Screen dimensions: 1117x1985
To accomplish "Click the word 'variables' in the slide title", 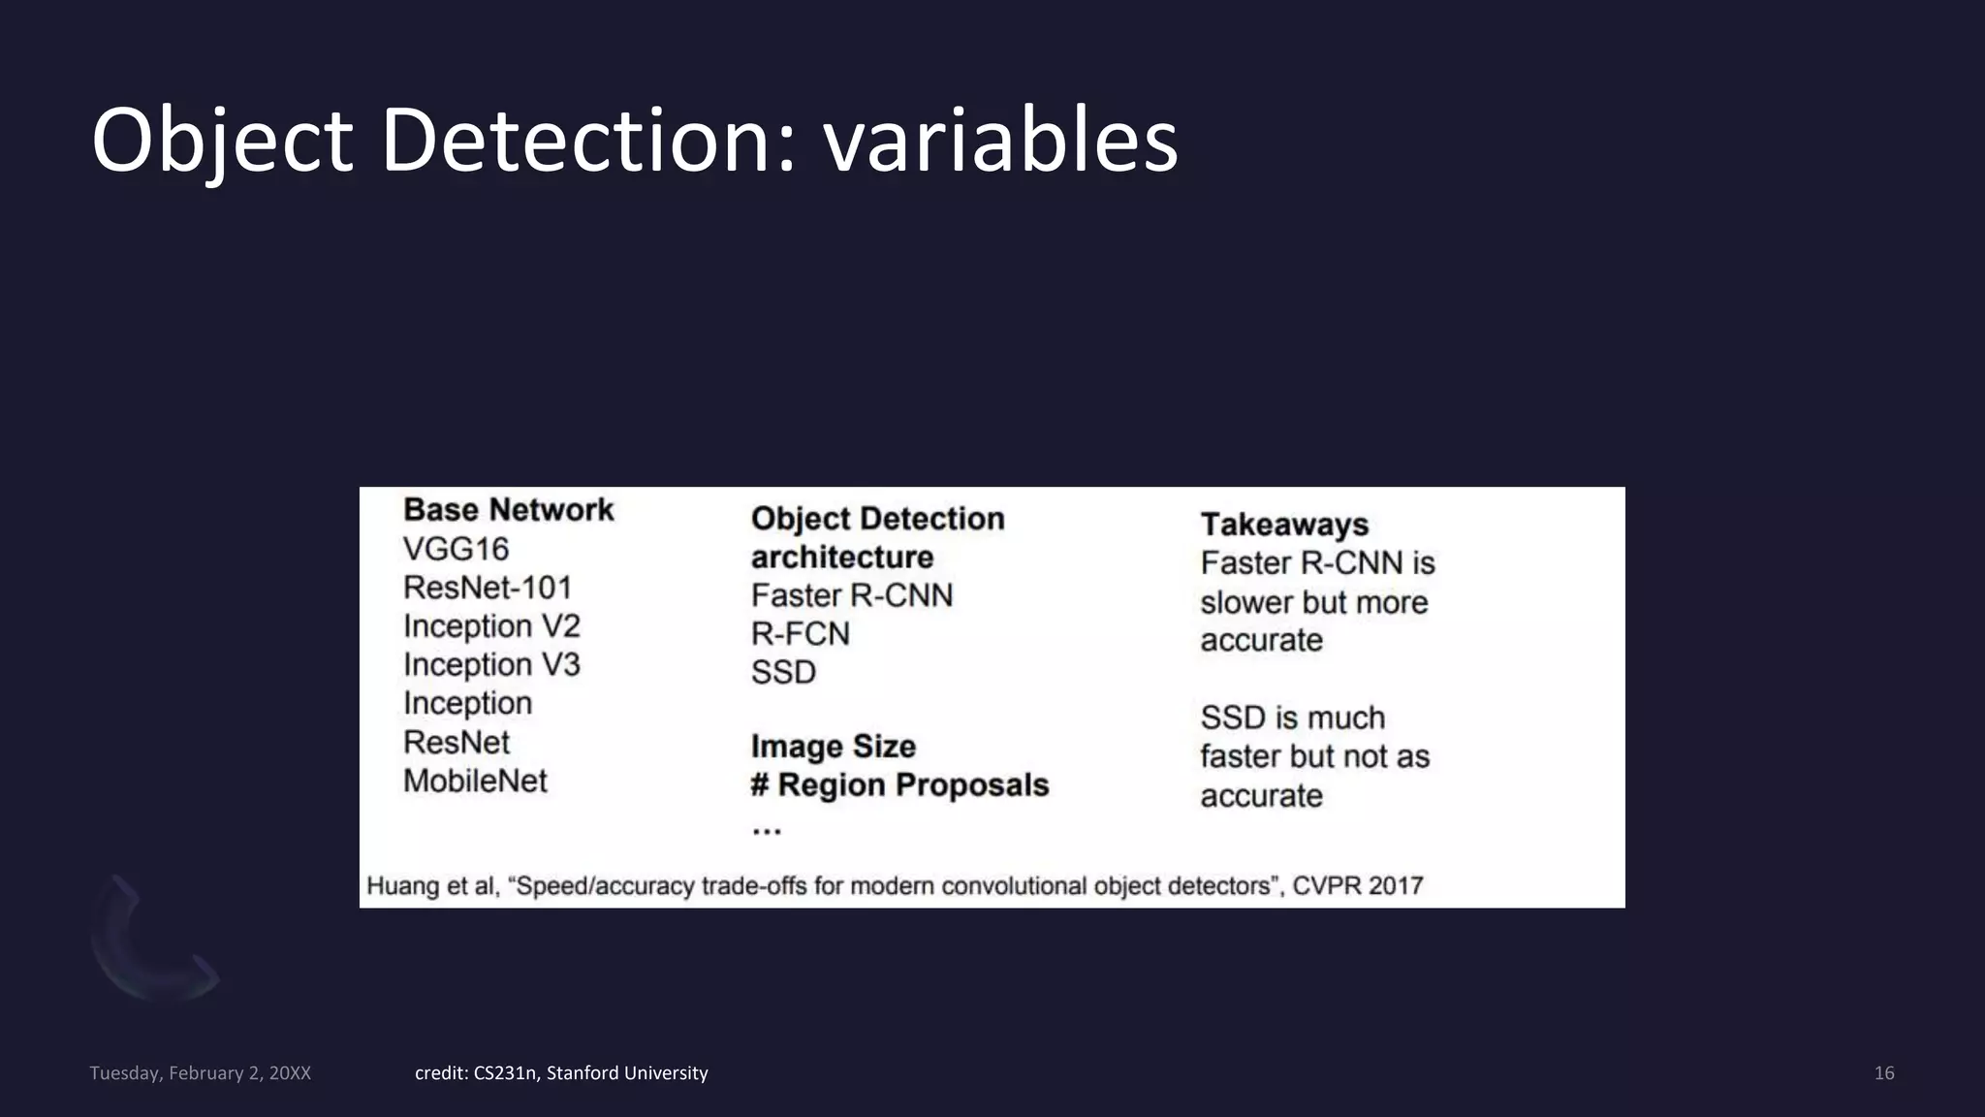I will [x=1000, y=142].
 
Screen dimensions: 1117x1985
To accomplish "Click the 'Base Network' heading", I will [x=508, y=510].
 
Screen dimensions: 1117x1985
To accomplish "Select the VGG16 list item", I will [x=456, y=549].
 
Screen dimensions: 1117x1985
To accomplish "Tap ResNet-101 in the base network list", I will [x=488, y=588].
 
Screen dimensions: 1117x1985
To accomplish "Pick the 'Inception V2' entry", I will [x=491, y=626].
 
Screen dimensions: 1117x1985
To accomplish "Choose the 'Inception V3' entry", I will [x=491, y=665].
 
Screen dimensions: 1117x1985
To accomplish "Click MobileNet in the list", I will [x=475, y=781].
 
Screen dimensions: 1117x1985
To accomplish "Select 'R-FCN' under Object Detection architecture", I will [x=800, y=634].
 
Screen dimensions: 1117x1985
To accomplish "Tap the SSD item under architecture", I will [x=783, y=673].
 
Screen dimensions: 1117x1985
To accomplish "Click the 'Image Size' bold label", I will [x=833, y=747].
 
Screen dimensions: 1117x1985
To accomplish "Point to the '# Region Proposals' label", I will [x=899, y=785].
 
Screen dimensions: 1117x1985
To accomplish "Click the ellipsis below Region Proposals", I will [x=766, y=830].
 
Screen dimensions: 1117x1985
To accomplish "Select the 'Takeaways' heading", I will [x=1284, y=525].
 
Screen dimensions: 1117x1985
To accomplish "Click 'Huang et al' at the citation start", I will [x=431, y=886].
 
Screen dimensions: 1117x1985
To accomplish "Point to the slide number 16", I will [x=1884, y=1073].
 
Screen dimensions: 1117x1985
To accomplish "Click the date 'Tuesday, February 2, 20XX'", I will [x=200, y=1073].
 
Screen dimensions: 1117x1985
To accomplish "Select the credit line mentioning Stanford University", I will [x=561, y=1073].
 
